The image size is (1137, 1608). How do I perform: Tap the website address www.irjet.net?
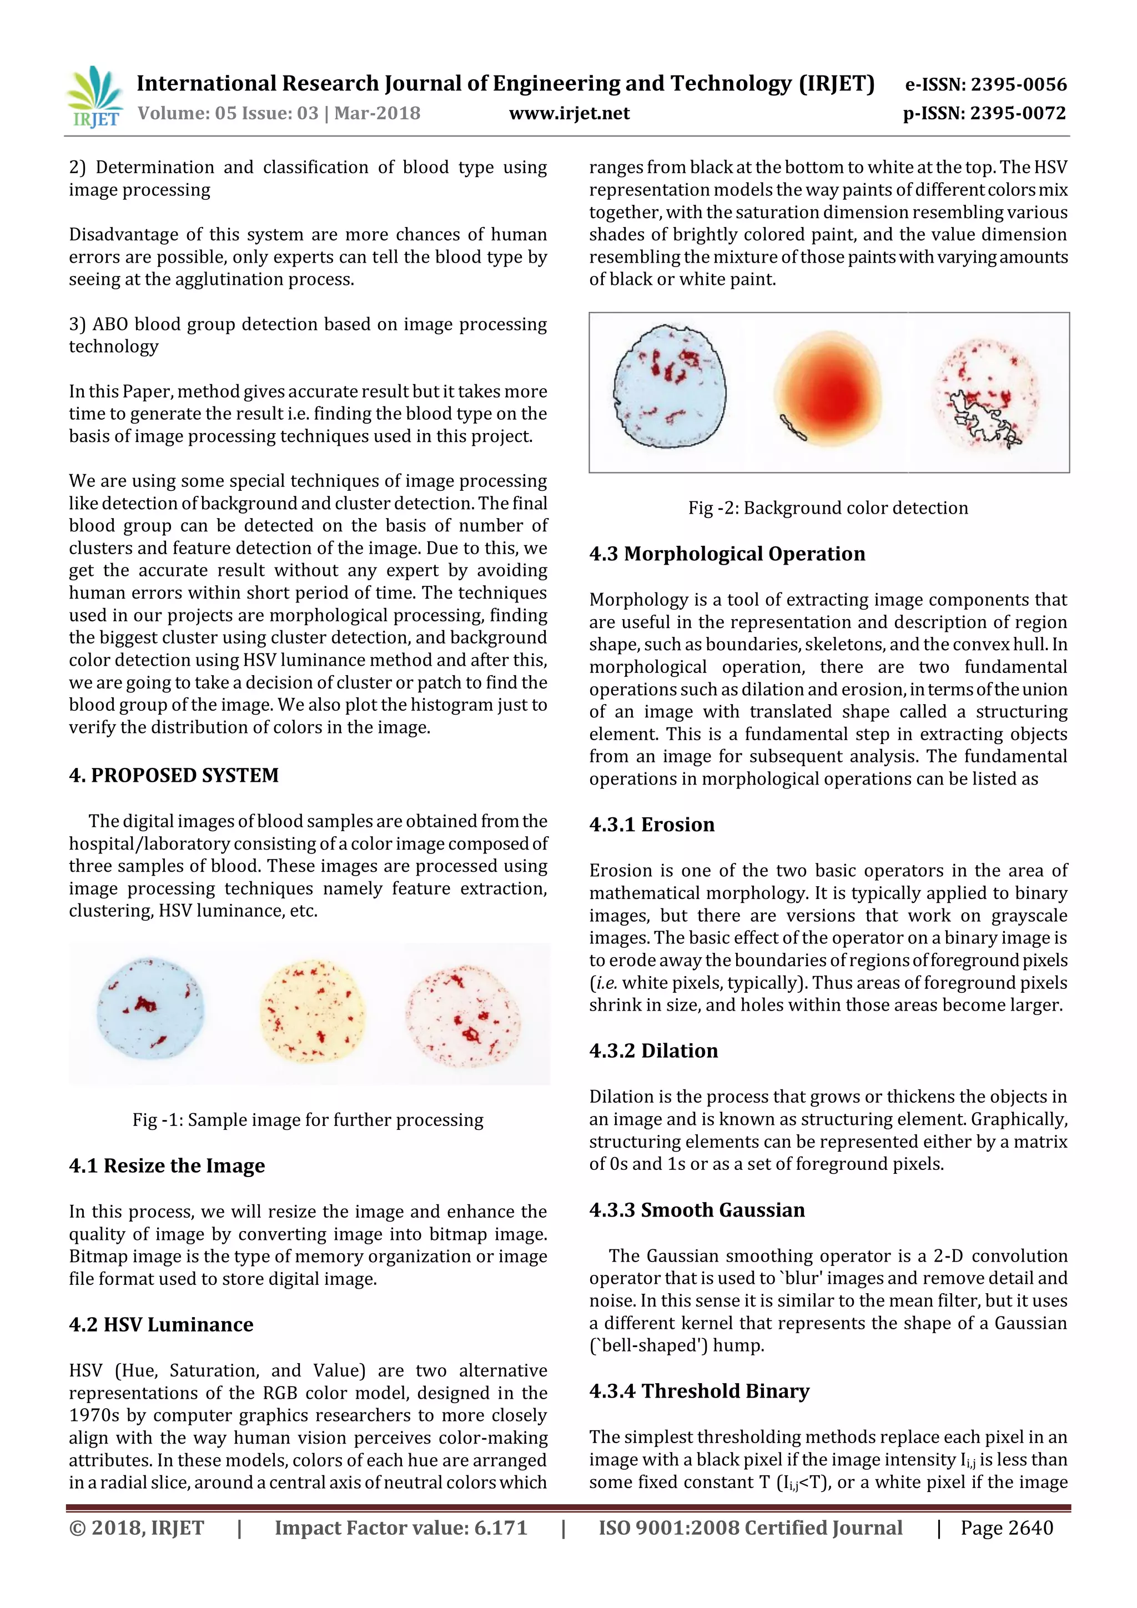click(x=568, y=113)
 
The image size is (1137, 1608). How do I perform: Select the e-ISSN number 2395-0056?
click(x=986, y=85)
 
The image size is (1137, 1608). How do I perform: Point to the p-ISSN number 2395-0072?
click(x=984, y=113)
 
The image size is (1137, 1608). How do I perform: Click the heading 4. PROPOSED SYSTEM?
click(x=174, y=775)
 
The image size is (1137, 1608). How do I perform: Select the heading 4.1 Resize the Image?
click(x=167, y=1165)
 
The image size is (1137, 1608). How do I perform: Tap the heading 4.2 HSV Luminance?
click(x=161, y=1324)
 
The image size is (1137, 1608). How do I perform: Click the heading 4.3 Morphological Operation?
click(x=727, y=554)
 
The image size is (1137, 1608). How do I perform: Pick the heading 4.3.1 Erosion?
click(x=651, y=825)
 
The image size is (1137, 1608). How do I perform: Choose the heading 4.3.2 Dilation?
click(x=653, y=1051)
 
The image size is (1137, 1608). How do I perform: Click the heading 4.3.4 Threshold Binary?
click(x=699, y=1390)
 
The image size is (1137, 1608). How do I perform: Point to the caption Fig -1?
click(x=308, y=1120)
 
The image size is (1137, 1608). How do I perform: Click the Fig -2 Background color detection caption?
click(x=828, y=507)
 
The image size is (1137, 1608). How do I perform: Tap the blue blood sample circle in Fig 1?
click(x=150, y=1008)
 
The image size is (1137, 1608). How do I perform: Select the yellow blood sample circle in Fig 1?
click(x=312, y=1012)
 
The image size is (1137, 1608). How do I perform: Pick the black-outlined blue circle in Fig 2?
click(x=670, y=389)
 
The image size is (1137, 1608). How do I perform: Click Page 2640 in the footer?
click(x=1006, y=1528)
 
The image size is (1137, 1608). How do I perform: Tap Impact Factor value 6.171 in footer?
click(x=400, y=1528)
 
